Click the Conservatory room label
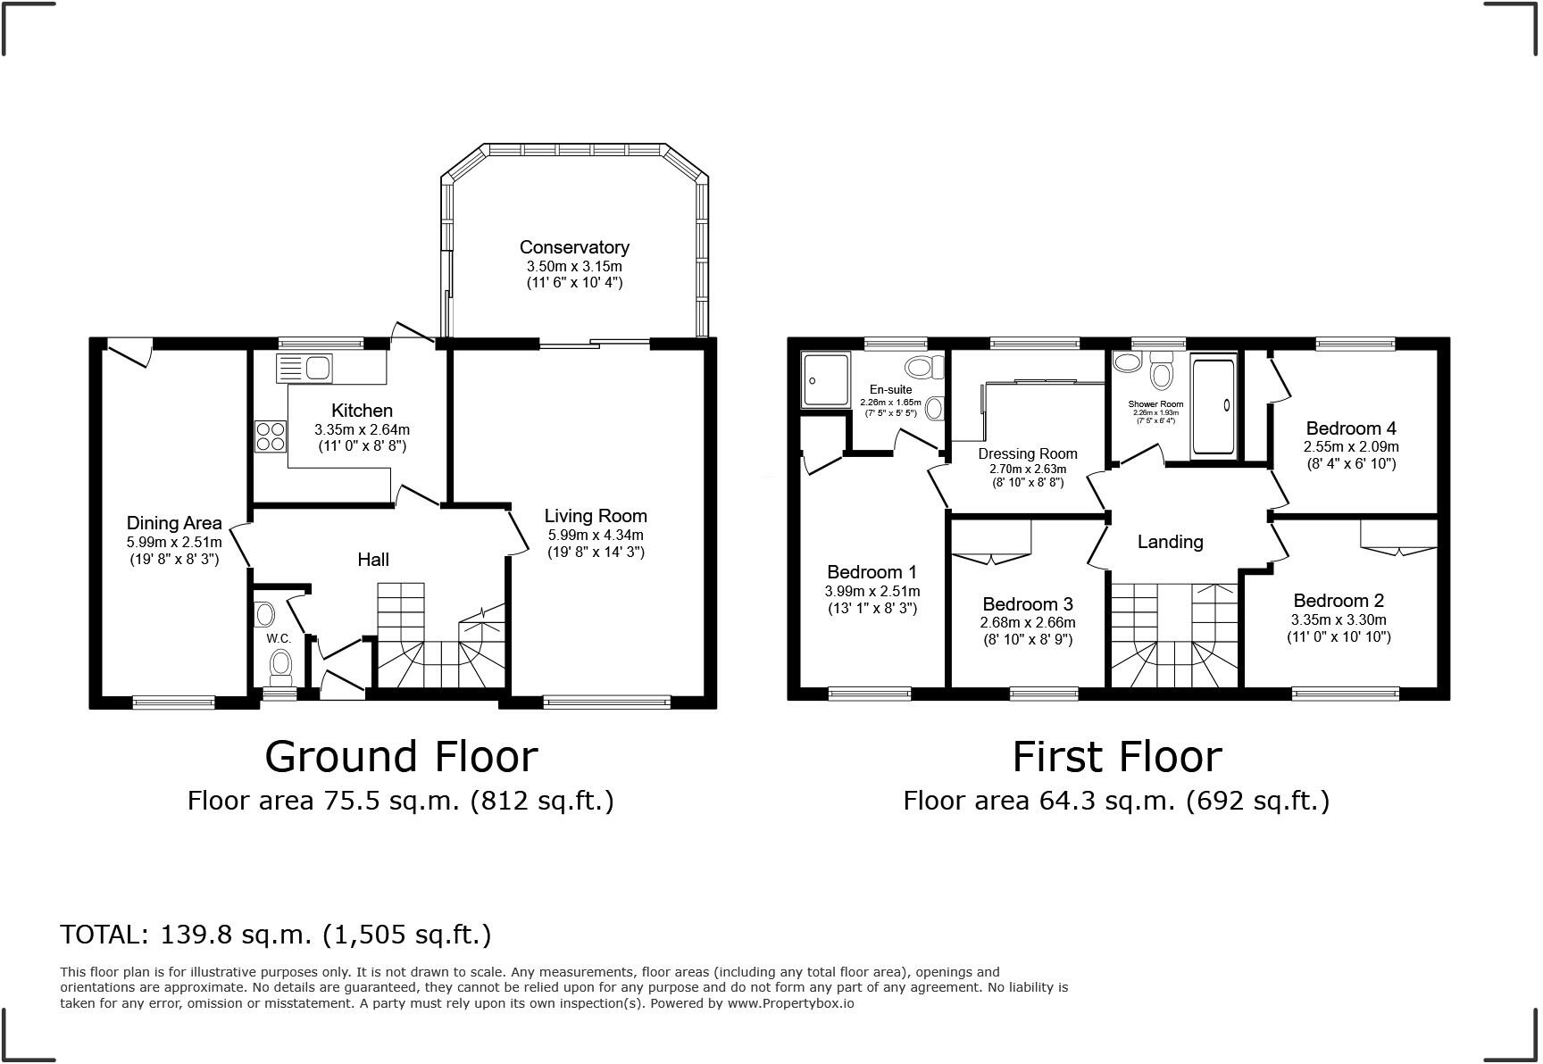coord(574,247)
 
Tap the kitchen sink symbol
coord(304,368)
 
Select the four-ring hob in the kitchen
coord(271,436)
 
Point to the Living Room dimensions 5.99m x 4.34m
coord(596,535)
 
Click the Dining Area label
coord(174,523)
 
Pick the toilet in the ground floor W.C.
coord(281,663)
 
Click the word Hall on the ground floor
coord(373,560)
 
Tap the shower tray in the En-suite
coord(825,379)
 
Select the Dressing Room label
coord(1028,453)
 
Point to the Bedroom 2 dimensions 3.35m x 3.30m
coord(1338,619)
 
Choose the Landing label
coord(1170,542)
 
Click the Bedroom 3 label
coord(1028,604)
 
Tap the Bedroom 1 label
coord(872,572)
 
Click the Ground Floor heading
coord(401,757)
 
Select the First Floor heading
coord(1116,757)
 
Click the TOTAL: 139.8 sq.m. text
coord(275,935)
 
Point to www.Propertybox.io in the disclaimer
coord(790,1002)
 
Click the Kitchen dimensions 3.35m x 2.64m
coord(362,429)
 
